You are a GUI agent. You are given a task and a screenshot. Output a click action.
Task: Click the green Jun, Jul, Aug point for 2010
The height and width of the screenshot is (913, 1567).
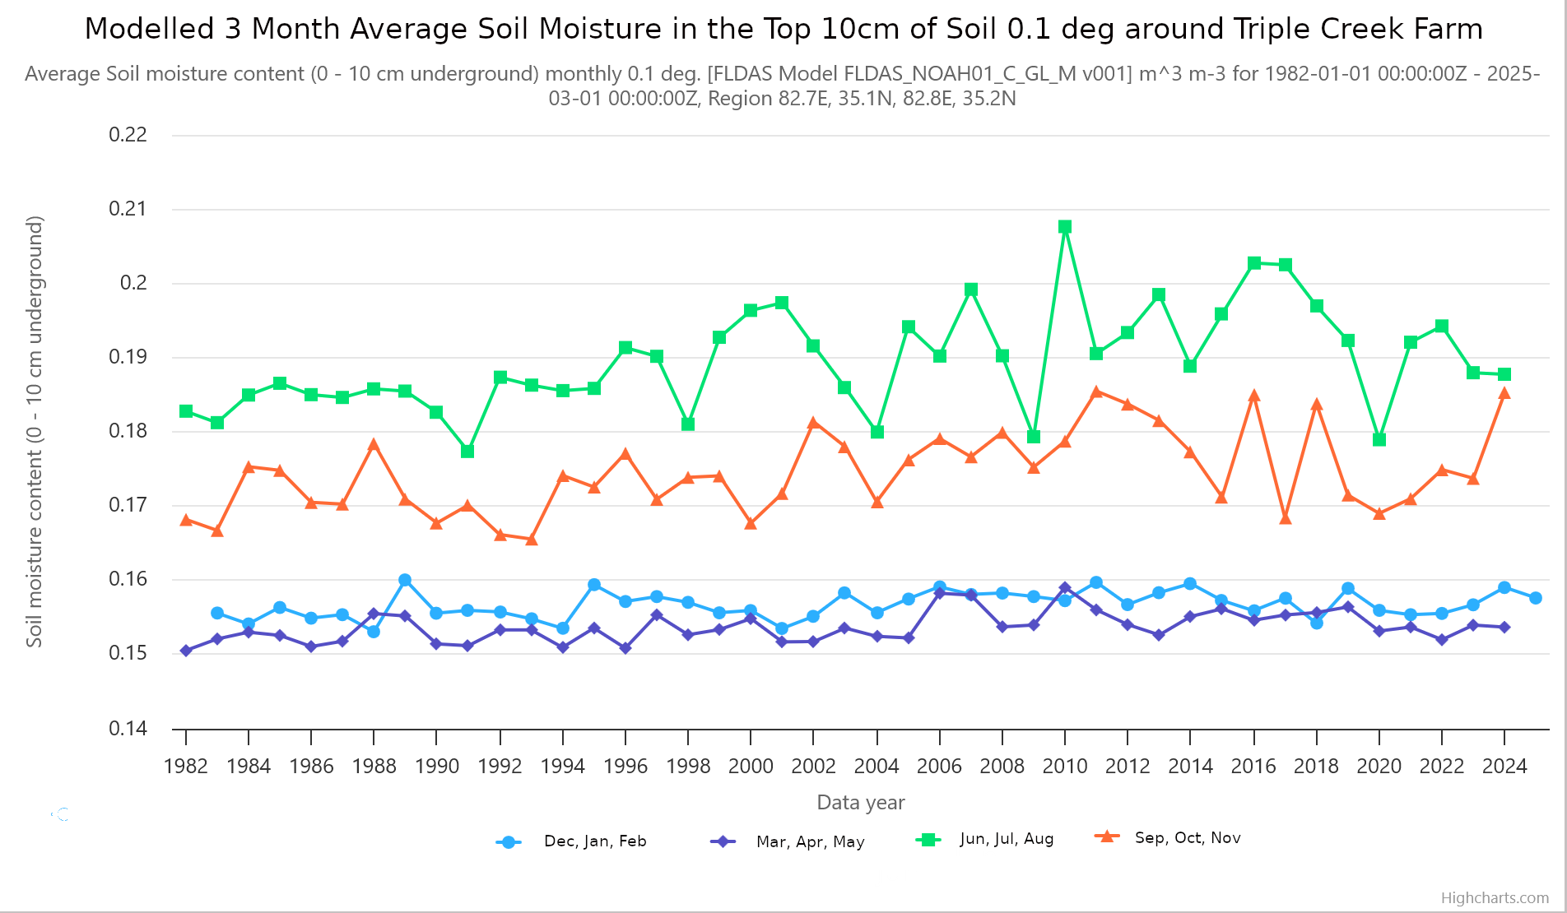(1065, 227)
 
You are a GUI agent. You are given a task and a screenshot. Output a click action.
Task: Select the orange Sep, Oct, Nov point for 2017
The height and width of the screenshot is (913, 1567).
(1286, 518)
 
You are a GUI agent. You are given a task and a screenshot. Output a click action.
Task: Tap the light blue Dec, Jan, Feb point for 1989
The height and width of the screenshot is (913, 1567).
(405, 581)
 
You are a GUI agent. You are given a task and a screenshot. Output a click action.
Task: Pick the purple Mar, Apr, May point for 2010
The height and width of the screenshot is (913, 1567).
(1065, 588)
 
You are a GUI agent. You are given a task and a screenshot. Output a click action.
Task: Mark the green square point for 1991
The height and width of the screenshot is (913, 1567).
(467, 452)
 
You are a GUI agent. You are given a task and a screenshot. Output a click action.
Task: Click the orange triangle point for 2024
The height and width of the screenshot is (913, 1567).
(1504, 394)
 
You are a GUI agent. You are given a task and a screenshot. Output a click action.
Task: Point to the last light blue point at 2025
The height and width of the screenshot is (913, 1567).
(1536, 598)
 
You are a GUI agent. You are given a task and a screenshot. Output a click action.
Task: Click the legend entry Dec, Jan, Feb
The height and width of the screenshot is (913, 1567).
(595, 841)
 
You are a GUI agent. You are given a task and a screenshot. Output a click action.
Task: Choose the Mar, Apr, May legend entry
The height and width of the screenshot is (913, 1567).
(810, 841)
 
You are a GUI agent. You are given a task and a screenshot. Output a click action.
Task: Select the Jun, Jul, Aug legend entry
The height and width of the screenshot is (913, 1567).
(1007, 839)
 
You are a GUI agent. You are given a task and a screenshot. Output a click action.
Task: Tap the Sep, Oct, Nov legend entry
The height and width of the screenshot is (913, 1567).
(1188, 838)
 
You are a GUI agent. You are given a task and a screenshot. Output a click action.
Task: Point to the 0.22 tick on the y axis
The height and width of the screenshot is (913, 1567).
(128, 135)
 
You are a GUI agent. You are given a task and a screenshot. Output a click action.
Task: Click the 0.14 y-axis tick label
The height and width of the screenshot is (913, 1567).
(128, 729)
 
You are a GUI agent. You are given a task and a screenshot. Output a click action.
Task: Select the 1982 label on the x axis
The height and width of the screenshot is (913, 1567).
(186, 767)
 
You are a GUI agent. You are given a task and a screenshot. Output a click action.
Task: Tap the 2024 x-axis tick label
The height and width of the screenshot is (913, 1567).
(1504, 767)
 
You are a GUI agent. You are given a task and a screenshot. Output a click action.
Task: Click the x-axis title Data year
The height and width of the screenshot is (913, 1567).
(861, 803)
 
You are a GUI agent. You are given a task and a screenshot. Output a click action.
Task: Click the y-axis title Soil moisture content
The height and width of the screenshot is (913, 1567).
(35, 432)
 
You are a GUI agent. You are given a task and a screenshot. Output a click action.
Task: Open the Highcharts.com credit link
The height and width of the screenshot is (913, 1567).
(1495, 898)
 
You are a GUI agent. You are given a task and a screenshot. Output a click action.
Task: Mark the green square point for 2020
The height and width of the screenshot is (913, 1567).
(1379, 440)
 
